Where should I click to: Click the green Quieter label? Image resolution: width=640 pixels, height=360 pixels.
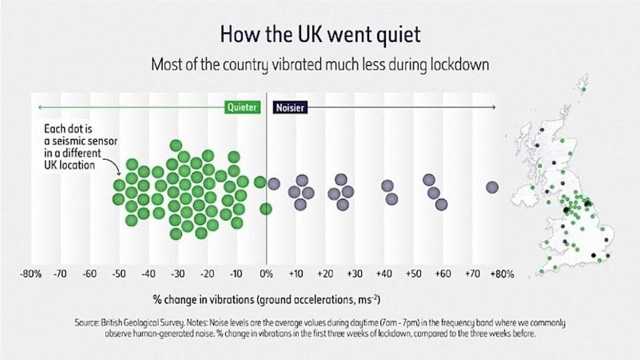242,106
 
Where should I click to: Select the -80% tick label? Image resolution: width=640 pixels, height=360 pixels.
31,273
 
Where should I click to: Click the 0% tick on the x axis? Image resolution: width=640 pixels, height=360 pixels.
266,273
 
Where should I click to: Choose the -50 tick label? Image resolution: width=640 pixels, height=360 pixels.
120,273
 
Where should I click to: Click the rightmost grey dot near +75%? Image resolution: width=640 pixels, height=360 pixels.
492,188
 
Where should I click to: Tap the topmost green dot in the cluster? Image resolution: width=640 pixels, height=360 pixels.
176,145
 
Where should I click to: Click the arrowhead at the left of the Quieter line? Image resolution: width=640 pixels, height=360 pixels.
39,106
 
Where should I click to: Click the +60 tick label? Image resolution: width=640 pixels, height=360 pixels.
443,273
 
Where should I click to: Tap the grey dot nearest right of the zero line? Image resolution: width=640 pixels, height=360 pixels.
274,184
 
